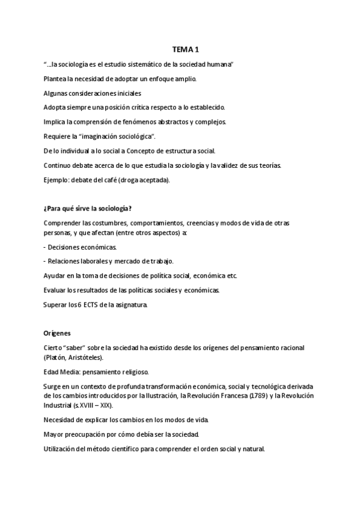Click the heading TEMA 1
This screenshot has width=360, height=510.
coord(180,51)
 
